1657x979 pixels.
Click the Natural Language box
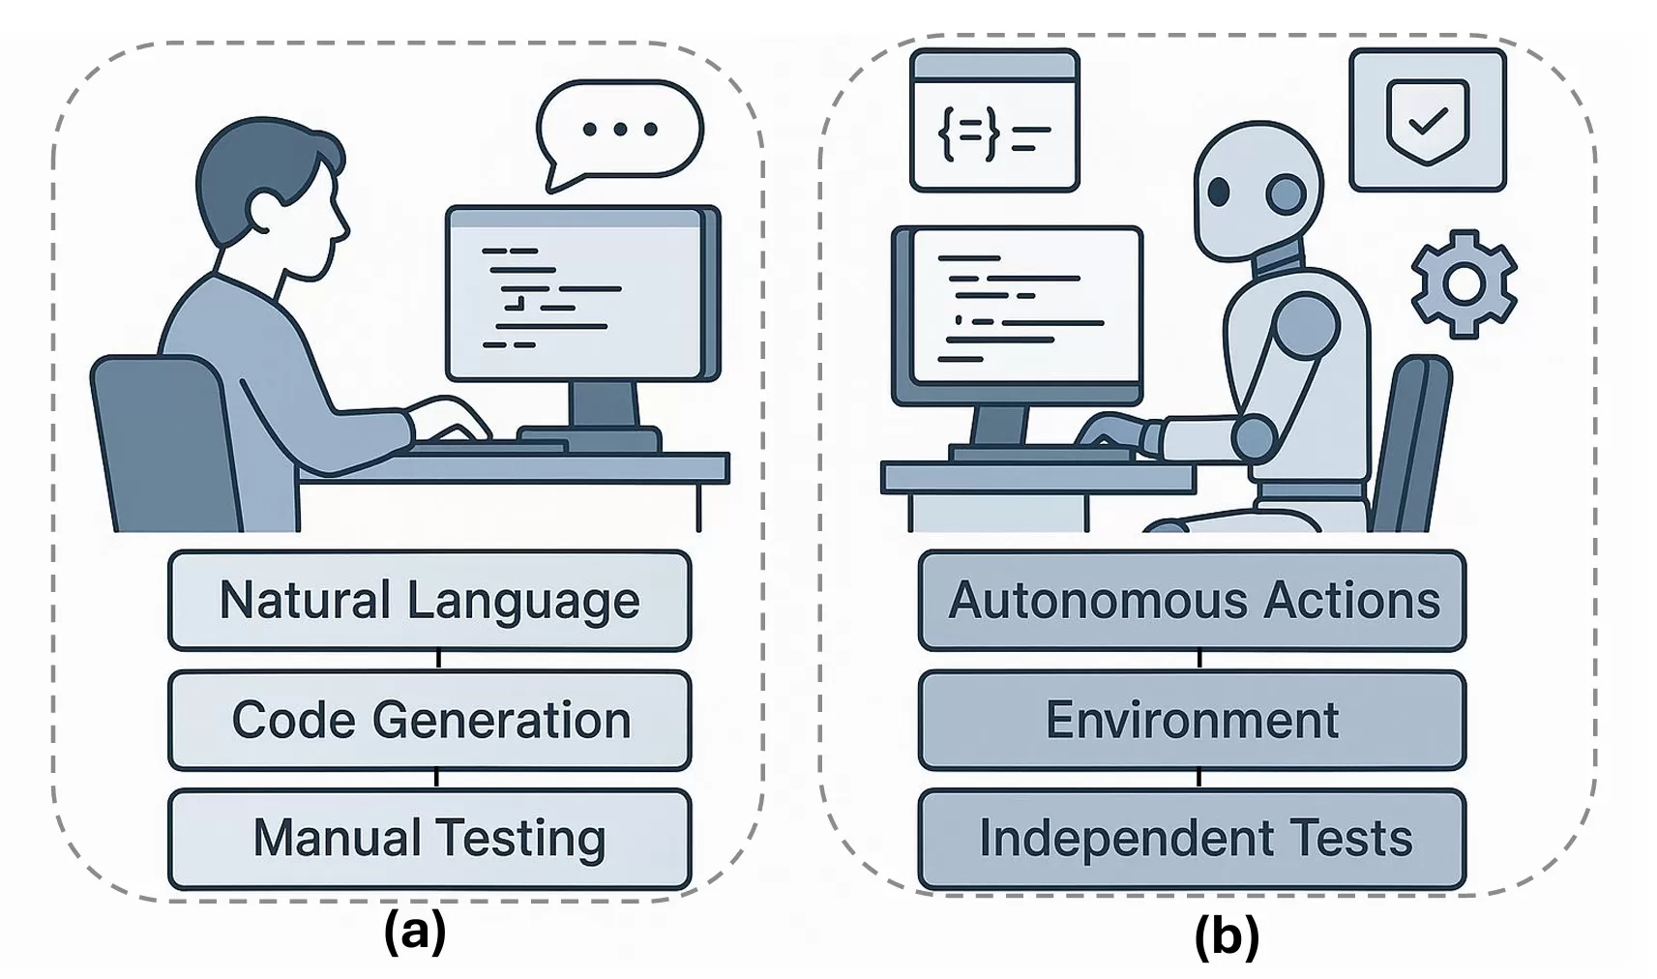tap(429, 601)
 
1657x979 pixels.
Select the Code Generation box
tap(429, 721)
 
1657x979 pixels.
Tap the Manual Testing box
tap(429, 839)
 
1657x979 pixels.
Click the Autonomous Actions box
tap(1192, 601)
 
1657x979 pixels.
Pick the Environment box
tap(1192, 721)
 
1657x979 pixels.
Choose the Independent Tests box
tap(1192, 839)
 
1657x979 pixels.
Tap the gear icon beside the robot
tap(1464, 282)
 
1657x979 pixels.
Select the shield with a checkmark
tap(1428, 121)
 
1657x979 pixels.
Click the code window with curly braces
tap(994, 121)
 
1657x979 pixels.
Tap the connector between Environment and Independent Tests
tap(1199, 779)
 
